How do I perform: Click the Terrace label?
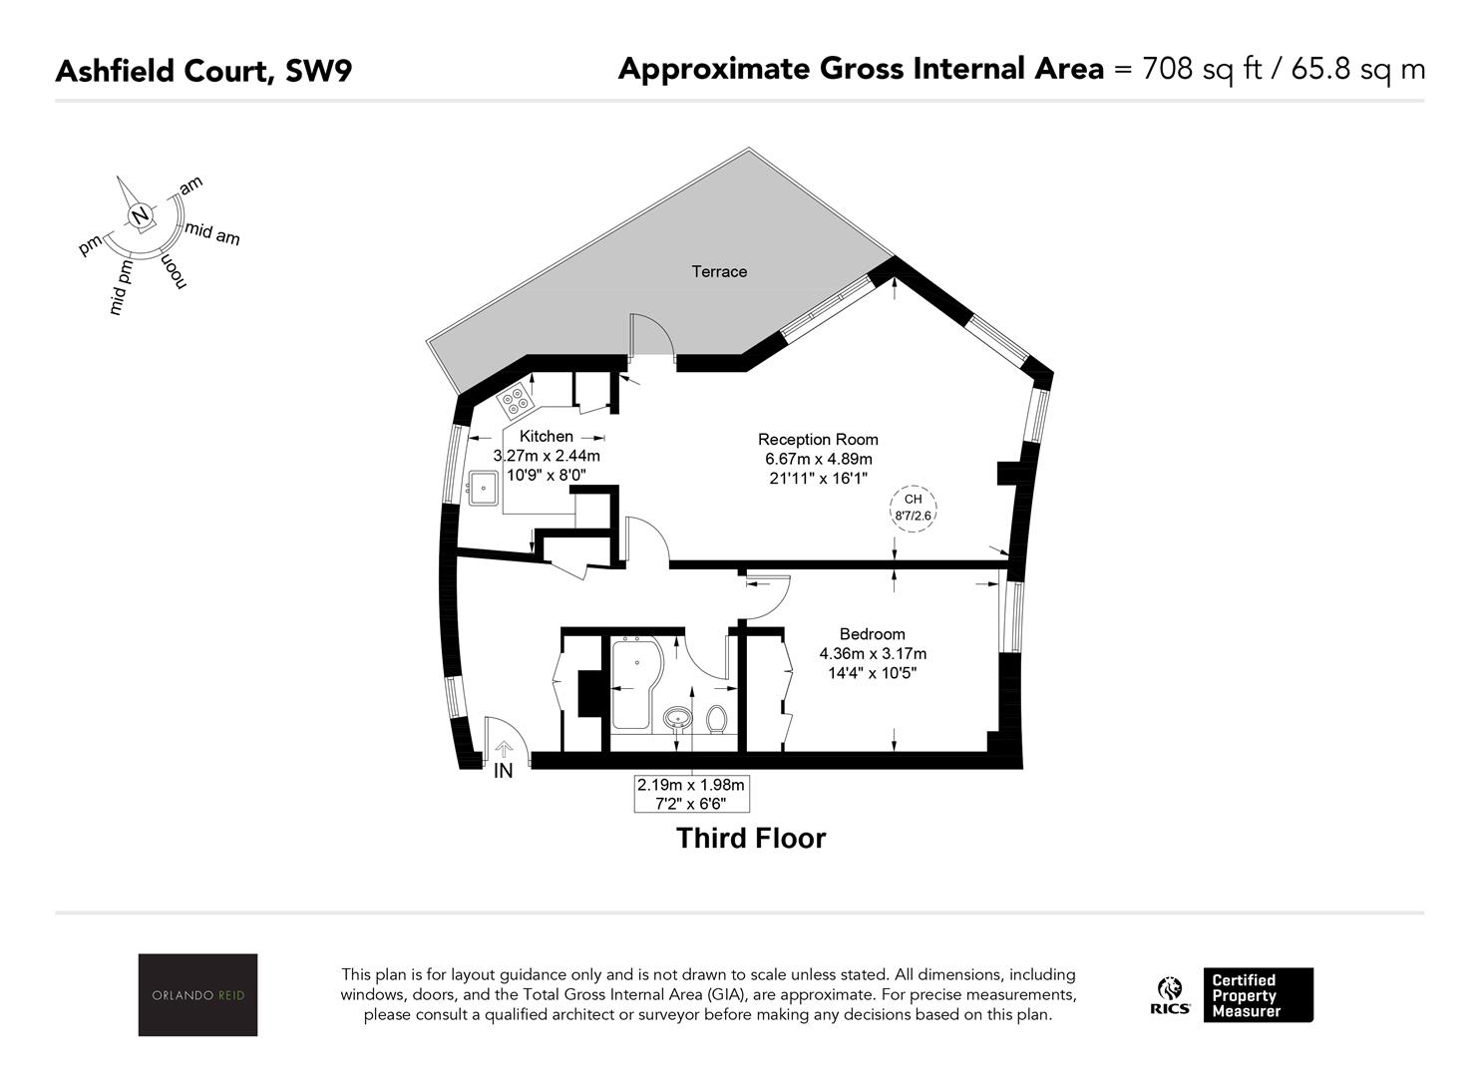719,271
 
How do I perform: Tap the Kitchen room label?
547,436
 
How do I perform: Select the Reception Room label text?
818,439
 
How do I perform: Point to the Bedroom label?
873,634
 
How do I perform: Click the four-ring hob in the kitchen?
515,399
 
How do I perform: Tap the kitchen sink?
483,488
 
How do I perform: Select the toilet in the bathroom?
717,719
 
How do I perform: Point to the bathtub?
636,684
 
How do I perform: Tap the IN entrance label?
503,771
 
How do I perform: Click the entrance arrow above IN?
504,749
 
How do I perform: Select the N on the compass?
140,216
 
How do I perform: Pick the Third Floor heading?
751,838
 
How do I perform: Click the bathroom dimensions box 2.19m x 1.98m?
691,794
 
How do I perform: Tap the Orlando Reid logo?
198,994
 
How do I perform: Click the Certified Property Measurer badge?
1259,995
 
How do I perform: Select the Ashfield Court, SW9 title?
204,71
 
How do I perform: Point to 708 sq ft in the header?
1203,70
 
